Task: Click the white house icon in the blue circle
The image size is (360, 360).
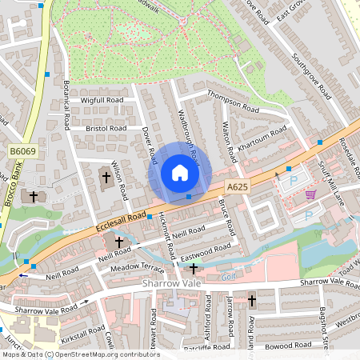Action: (180, 173)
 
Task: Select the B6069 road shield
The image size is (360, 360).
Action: (23, 151)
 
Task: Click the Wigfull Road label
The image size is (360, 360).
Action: (102, 100)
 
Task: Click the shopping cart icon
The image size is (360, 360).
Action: (310, 194)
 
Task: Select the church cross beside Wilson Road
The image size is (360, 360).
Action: (106, 175)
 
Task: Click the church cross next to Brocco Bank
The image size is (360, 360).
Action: (33, 196)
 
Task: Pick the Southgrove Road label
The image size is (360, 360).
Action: (311, 76)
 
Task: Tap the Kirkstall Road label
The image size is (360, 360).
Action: (82, 330)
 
